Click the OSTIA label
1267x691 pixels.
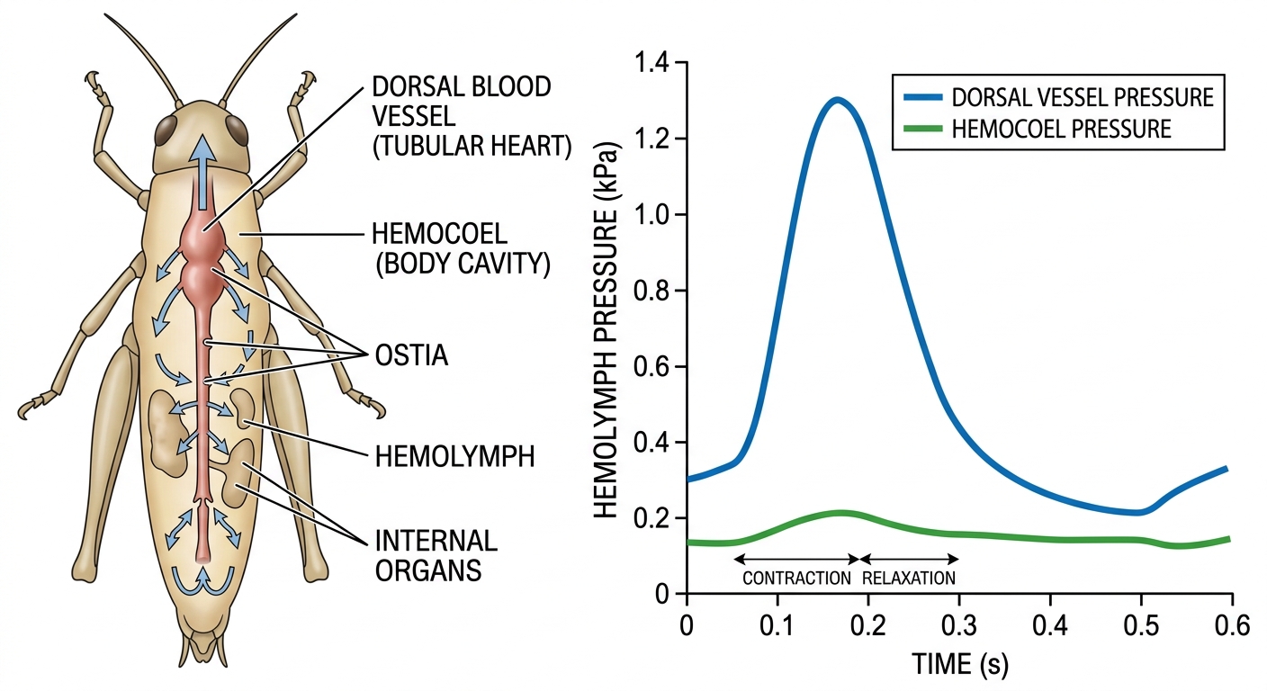pyautogui.click(x=411, y=355)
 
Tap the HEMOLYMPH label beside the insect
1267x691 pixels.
pyautogui.click(x=454, y=456)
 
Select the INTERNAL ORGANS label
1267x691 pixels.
pyautogui.click(x=436, y=556)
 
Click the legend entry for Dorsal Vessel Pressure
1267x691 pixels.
pyautogui.click(x=1058, y=97)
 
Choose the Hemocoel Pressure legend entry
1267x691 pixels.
pyautogui.click(x=1038, y=129)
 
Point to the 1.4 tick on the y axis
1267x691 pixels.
pyautogui.click(x=651, y=63)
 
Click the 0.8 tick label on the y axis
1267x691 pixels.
pyautogui.click(x=651, y=291)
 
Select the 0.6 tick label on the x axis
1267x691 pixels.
pyautogui.click(x=1232, y=626)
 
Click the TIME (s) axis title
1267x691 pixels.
pyautogui.click(x=960, y=664)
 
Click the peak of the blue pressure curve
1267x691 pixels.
pyautogui.click(x=837, y=101)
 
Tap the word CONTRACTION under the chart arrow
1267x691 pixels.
pyautogui.click(x=796, y=578)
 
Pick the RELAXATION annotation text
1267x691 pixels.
pyautogui.click(x=909, y=578)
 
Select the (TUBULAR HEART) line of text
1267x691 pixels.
pyautogui.click(x=472, y=146)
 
